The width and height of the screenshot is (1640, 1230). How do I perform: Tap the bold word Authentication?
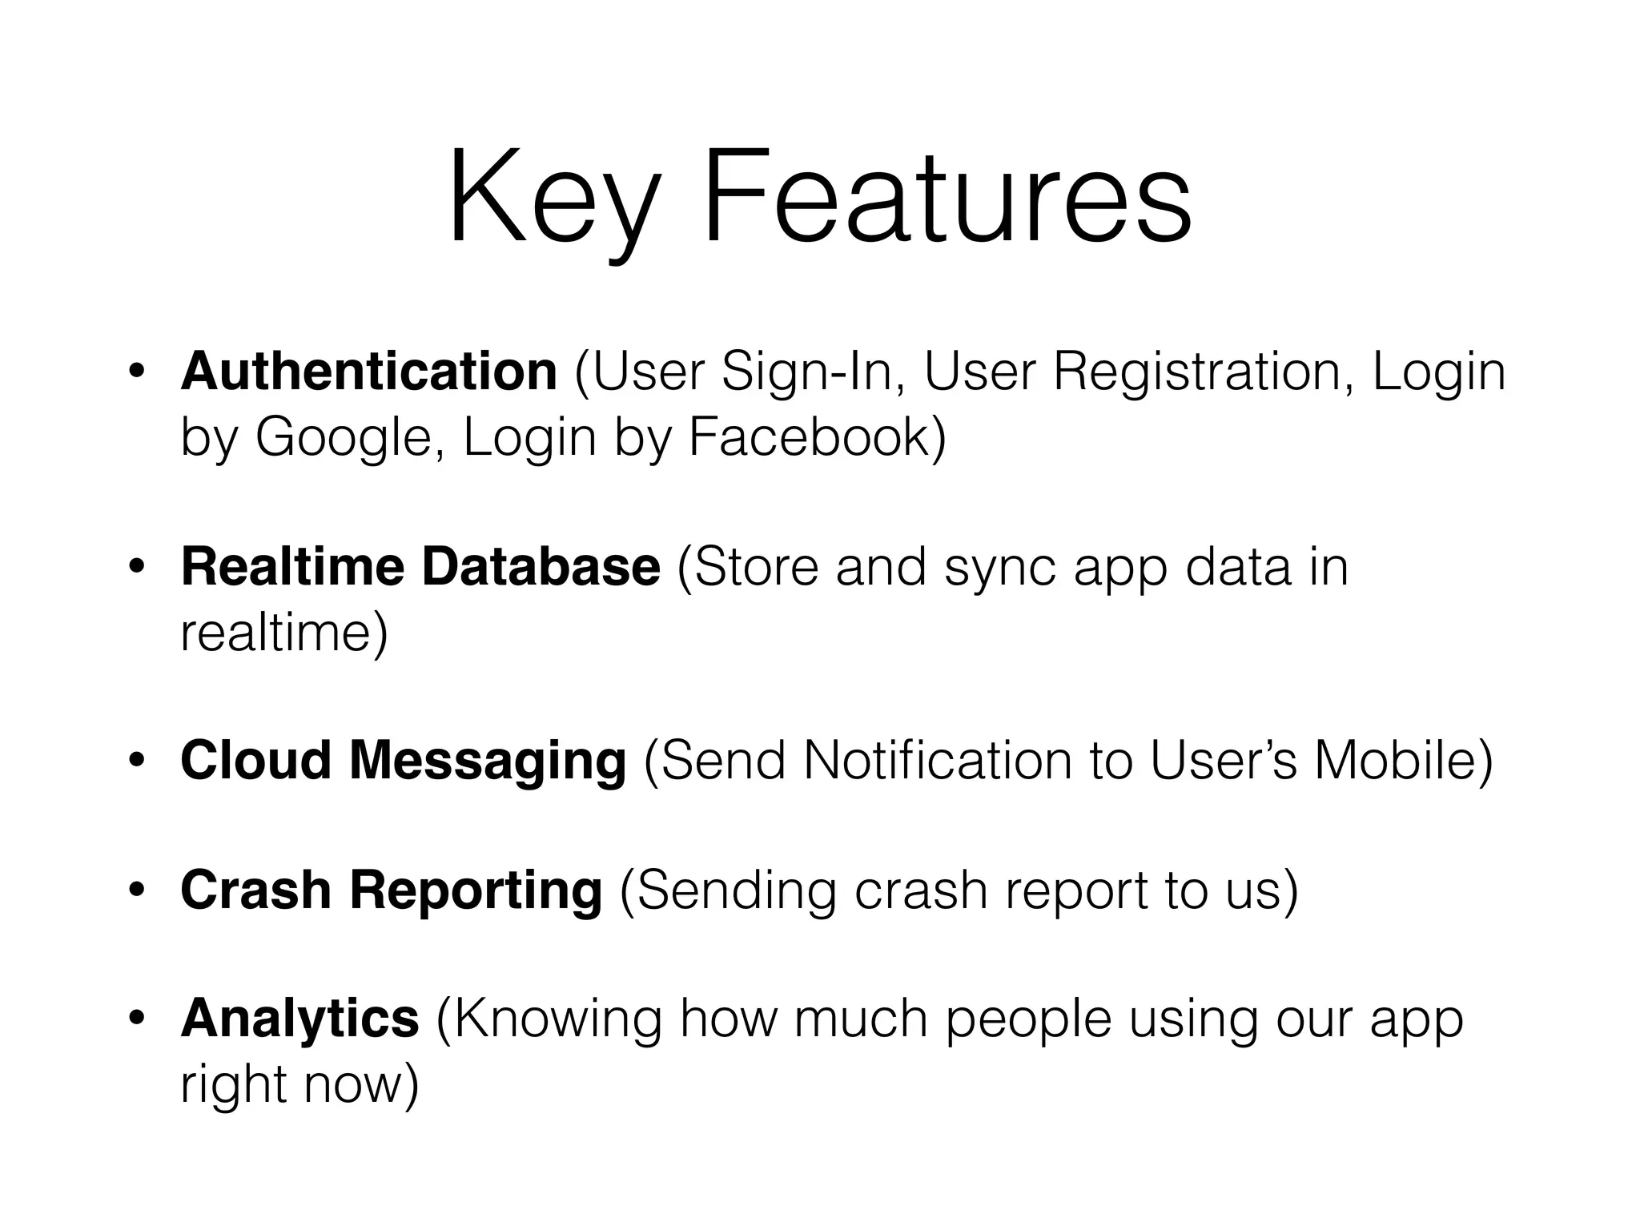click(369, 372)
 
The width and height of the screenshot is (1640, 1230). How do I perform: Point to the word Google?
click(344, 439)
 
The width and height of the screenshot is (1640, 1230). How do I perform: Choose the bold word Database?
click(541, 567)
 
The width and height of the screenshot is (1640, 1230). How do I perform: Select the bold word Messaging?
click(488, 761)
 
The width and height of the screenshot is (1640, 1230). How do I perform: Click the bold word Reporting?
click(476, 890)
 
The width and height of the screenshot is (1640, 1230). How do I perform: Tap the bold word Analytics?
click(299, 1019)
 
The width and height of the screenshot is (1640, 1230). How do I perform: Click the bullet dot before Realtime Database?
click(137, 568)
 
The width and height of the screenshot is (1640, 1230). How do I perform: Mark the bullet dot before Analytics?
click(137, 1019)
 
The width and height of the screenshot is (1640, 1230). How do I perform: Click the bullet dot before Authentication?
click(137, 372)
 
